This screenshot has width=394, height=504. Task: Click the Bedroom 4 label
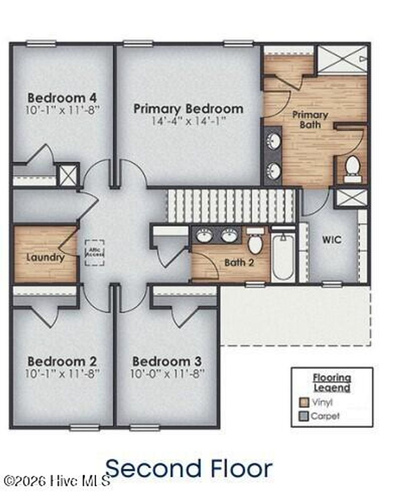[62, 98]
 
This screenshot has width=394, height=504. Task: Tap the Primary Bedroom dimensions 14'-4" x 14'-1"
[188, 121]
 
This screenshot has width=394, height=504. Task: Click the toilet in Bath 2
[255, 242]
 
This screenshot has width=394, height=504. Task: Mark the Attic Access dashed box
[94, 252]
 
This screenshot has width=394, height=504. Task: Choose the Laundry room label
[45, 257]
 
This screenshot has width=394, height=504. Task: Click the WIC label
[331, 240]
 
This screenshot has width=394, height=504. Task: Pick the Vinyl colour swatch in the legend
[304, 402]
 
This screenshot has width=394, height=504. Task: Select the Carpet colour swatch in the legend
[304, 416]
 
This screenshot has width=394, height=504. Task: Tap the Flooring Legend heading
[332, 383]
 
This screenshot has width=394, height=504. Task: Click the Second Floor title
[189, 469]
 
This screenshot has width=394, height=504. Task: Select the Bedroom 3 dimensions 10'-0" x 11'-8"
[167, 373]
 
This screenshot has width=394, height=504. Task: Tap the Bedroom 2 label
[62, 361]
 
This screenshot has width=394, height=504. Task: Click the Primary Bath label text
[310, 119]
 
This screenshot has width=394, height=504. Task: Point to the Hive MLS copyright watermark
[57, 480]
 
